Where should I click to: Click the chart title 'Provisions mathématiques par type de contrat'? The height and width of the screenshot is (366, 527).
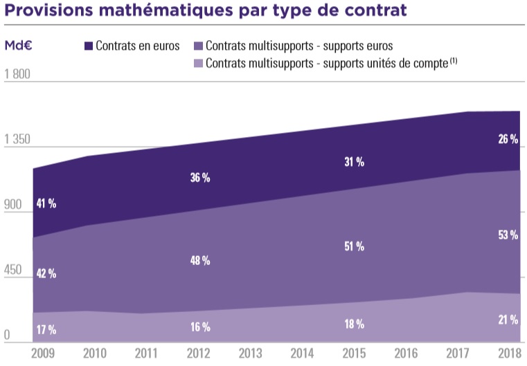[x=204, y=12]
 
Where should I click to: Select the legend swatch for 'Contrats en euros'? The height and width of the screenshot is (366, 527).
[x=88, y=46]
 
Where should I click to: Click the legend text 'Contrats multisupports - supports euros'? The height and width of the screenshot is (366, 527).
[x=298, y=46]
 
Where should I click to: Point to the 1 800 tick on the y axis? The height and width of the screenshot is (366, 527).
[x=17, y=75]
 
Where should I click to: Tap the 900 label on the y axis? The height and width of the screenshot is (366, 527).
[x=14, y=205]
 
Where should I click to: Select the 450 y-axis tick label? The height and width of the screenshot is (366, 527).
[x=14, y=270]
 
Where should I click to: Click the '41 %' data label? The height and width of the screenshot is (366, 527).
[x=46, y=203]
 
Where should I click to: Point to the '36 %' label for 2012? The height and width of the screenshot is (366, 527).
[x=200, y=178]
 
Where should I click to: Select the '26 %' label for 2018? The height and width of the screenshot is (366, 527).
[x=508, y=139]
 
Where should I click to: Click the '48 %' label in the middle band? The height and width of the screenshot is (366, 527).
[x=200, y=261]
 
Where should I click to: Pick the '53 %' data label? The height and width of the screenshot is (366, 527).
[x=508, y=235]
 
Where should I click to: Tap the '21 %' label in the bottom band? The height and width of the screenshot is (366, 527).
[x=508, y=319]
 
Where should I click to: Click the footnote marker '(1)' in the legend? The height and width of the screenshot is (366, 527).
[x=453, y=60]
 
